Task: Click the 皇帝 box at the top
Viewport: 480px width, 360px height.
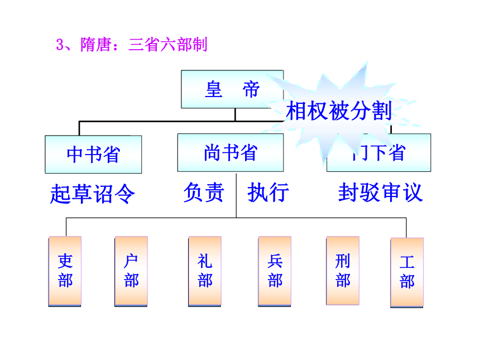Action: pyautogui.click(x=232, y=89)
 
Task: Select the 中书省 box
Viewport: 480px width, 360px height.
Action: pyautogui.click(x=93, y=154)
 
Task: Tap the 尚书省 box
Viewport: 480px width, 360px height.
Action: pyautogui.click(x=231, y=152)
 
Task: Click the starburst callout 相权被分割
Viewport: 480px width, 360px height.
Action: pyautogui.click(x=339, y=111)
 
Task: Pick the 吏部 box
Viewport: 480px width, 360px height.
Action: pyautogui.click(x=65, y=271)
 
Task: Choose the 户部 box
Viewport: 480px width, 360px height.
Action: pyautogui.click(x=131, y=271)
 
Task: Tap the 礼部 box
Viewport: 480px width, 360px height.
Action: pyautogui.click(x=205, y=271)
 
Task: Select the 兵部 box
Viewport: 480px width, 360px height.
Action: pyautogui.click(x=275, y=271)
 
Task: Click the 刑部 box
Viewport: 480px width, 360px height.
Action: pyautogui.click(x=343, y=271)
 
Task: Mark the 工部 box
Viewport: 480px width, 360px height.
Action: pyautogui.click(x=407, y=272)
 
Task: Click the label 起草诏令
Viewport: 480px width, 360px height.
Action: pyautogui.click(x=93, y=194)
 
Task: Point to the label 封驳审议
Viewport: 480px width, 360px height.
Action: pyautogui.click(x=381, y=193)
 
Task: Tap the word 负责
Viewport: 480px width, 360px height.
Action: pyautogui.click(x=204, y=192)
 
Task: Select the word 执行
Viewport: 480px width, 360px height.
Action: pyautogui.click(x=268, y=192)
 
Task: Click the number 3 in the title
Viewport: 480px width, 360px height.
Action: pyautogui.click(x=60, y=45)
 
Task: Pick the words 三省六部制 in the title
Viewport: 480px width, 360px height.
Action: pyautogui.click(x=168, y=45)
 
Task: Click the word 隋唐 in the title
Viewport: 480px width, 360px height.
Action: pyautogui.click(x=95, y=45)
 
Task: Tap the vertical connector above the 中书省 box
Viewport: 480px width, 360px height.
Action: pyautogui.click(x=79, y=128)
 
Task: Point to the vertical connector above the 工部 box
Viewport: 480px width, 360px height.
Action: pyautogui.click(x=406, y=228)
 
